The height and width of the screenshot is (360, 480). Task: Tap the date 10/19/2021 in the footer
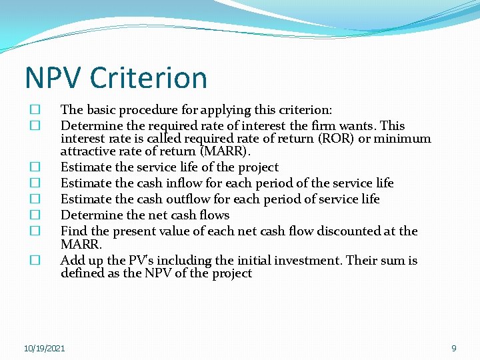[x=44, y=349]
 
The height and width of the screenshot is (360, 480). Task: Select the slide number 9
[x=454, y=348]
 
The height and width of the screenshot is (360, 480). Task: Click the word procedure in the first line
[x=155, y=110]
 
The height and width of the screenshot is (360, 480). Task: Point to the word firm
[x=323, y=126]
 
